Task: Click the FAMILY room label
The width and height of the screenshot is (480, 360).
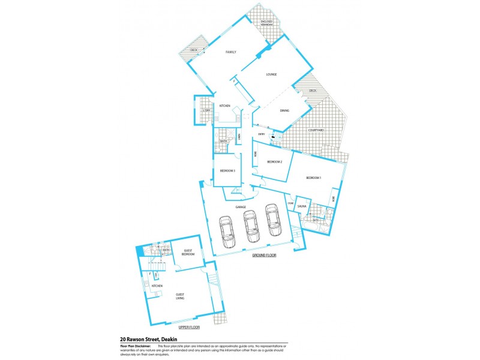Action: click(230, 52)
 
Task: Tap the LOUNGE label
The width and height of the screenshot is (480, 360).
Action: click(271, 74)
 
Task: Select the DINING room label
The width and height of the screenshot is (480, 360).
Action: click(284, 110)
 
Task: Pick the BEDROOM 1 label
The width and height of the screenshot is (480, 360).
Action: click(313, 178)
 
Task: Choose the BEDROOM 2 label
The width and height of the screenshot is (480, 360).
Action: click(274, 162)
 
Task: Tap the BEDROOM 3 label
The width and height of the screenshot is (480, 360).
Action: click(227, 171)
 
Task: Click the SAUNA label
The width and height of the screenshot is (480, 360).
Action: click(302, 206)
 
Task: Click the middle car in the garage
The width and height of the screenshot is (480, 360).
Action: click(250, 226)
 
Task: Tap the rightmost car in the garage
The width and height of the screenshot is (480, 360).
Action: click(273, 220)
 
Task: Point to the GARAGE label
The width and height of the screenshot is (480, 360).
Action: click(241, 207)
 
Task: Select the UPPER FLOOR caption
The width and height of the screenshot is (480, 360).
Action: click(189, 327)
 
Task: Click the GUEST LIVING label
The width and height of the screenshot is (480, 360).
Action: click(181, 296)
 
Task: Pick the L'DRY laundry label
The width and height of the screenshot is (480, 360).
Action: click(206, 110)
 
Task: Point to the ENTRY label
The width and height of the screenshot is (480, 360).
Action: click(261, 134)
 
